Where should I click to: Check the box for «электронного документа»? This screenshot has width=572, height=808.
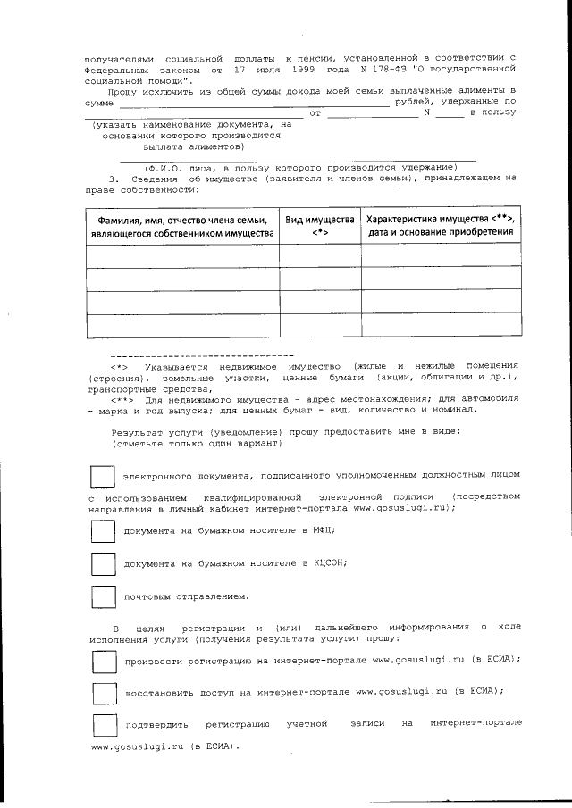coord(103,477)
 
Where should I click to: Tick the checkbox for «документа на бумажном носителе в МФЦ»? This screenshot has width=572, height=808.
coord(103,531)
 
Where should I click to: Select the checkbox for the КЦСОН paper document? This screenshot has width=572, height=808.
coord(103,564)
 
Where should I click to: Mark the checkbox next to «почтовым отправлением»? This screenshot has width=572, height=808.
coord(103,596)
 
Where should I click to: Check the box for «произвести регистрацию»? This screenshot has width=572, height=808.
coord(103,662)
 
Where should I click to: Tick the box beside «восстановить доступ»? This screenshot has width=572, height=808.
coord(103,693)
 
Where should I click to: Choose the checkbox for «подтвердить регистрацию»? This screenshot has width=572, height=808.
coord(103,723)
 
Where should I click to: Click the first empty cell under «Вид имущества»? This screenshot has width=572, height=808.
coord(319,255)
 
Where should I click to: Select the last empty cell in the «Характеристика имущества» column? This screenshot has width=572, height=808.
coord(441,325)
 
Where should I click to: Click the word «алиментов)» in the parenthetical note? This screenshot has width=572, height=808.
coord(214,146)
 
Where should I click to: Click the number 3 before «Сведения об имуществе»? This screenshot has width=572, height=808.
coord(112,179)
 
